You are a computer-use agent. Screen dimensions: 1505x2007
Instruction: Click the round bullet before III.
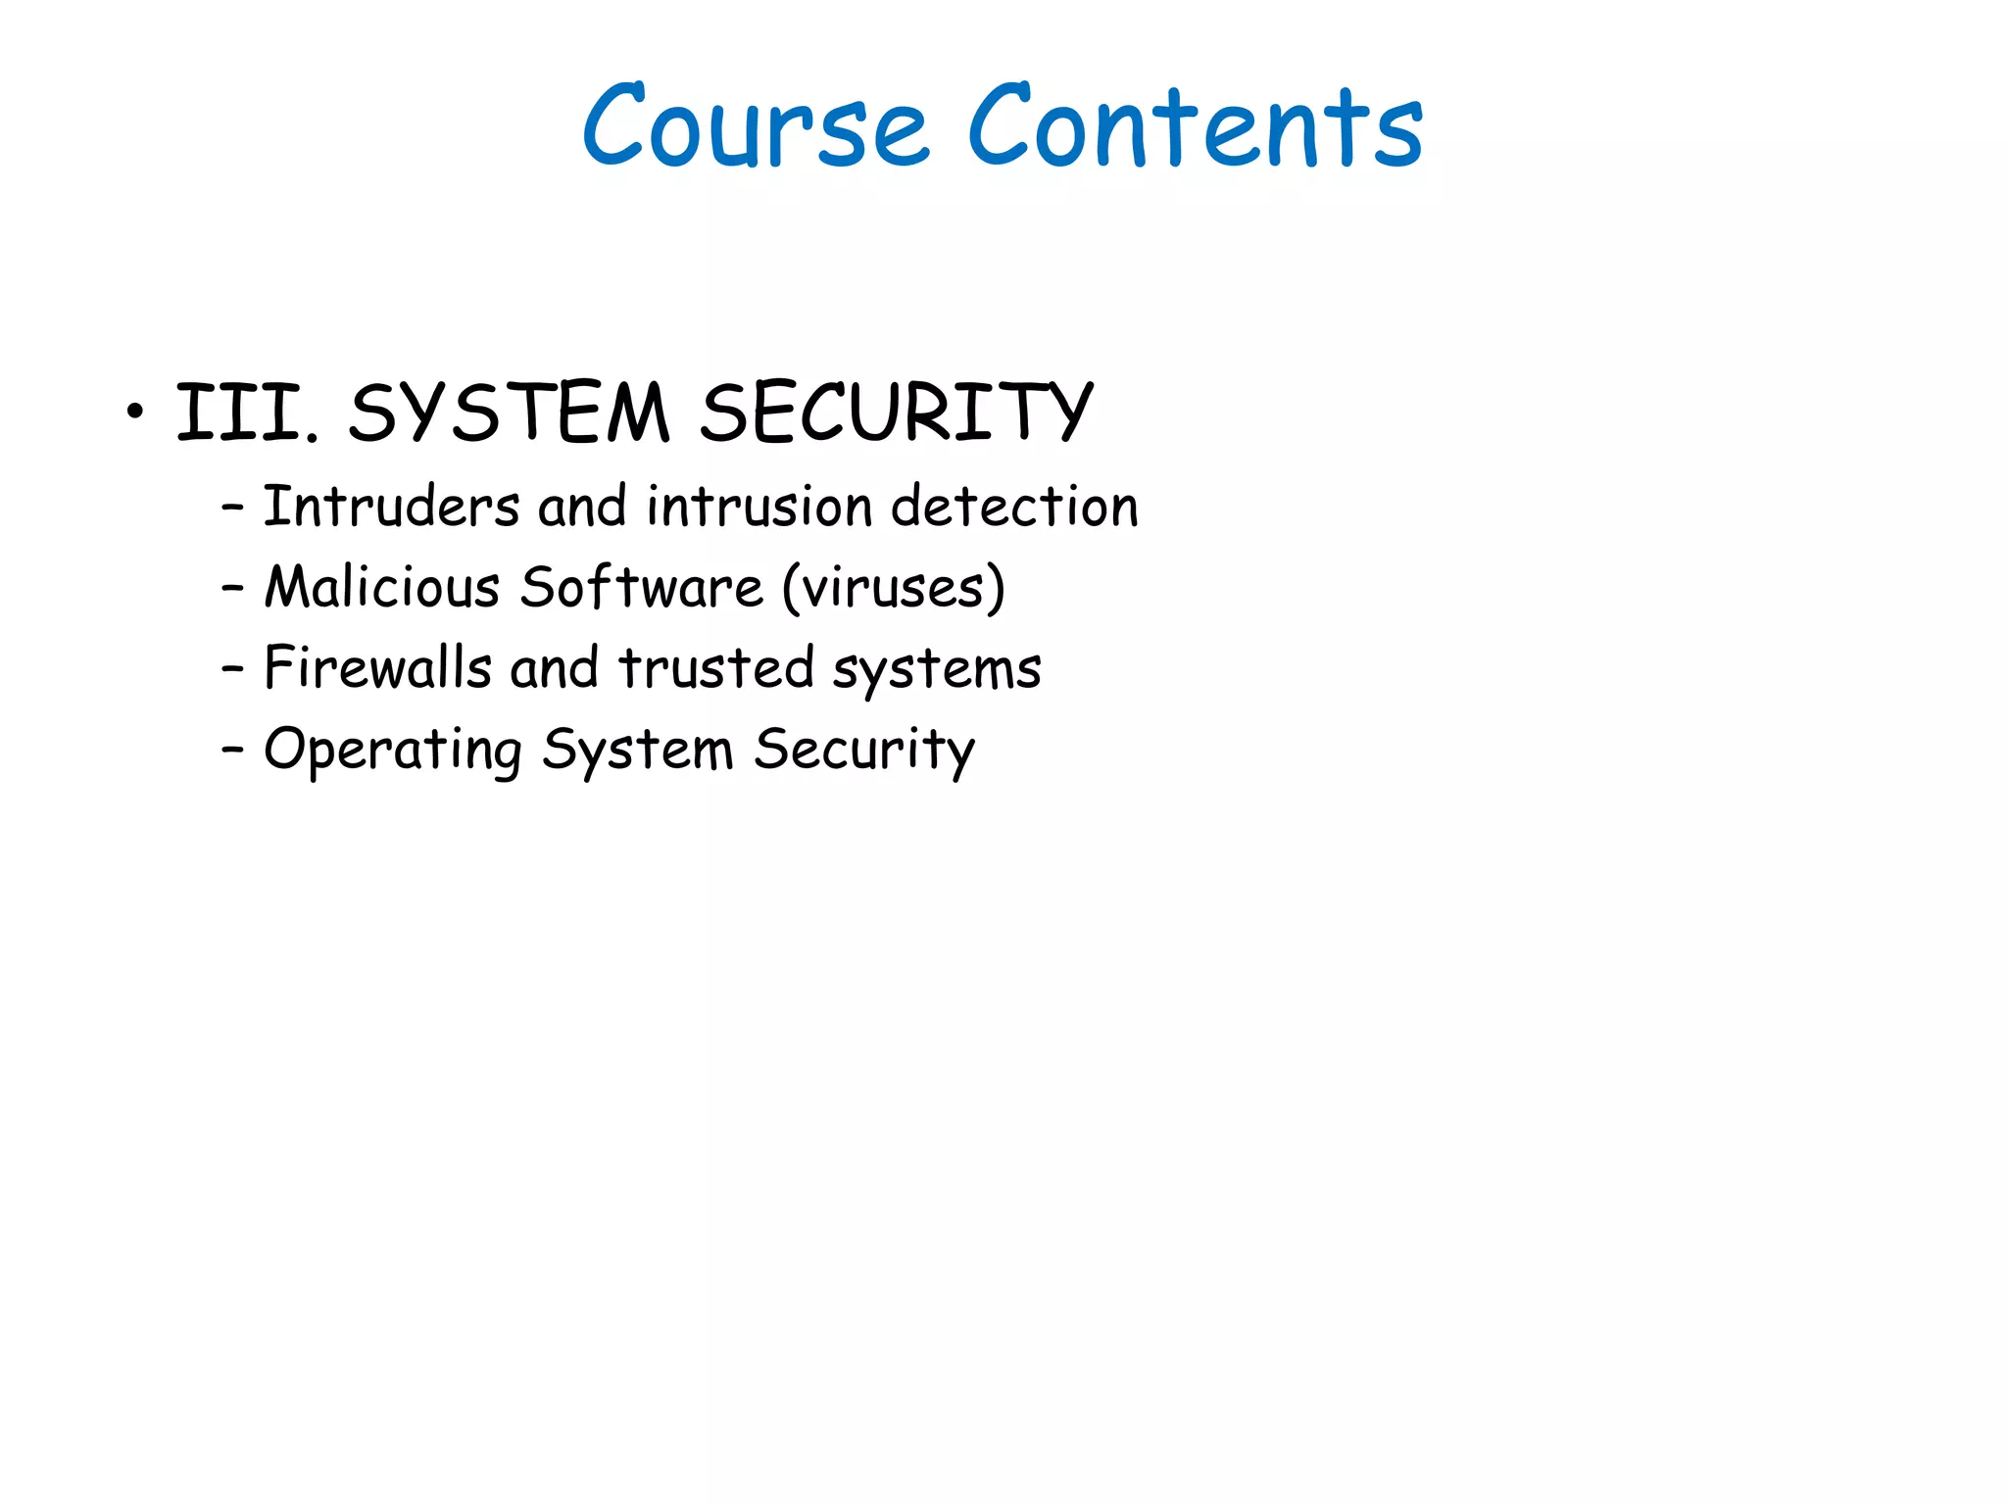pos(135,412)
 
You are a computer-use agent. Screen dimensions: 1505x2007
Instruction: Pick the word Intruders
pos(391,508)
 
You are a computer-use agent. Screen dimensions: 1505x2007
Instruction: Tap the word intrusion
pos(759,508)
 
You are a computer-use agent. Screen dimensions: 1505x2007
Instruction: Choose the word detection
pos(1014,508)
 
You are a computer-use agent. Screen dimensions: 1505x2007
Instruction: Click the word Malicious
pos(382,588)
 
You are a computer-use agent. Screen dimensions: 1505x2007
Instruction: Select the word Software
pos(641,588)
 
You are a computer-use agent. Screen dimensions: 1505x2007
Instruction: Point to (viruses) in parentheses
pos(893,588)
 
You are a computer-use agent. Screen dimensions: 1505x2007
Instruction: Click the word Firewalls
pos(377,668)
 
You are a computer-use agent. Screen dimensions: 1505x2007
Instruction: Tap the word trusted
pos(715,668)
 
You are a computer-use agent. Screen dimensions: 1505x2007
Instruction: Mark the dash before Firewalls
pos(232,670)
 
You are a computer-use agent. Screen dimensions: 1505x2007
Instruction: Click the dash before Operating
pos(232,751)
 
